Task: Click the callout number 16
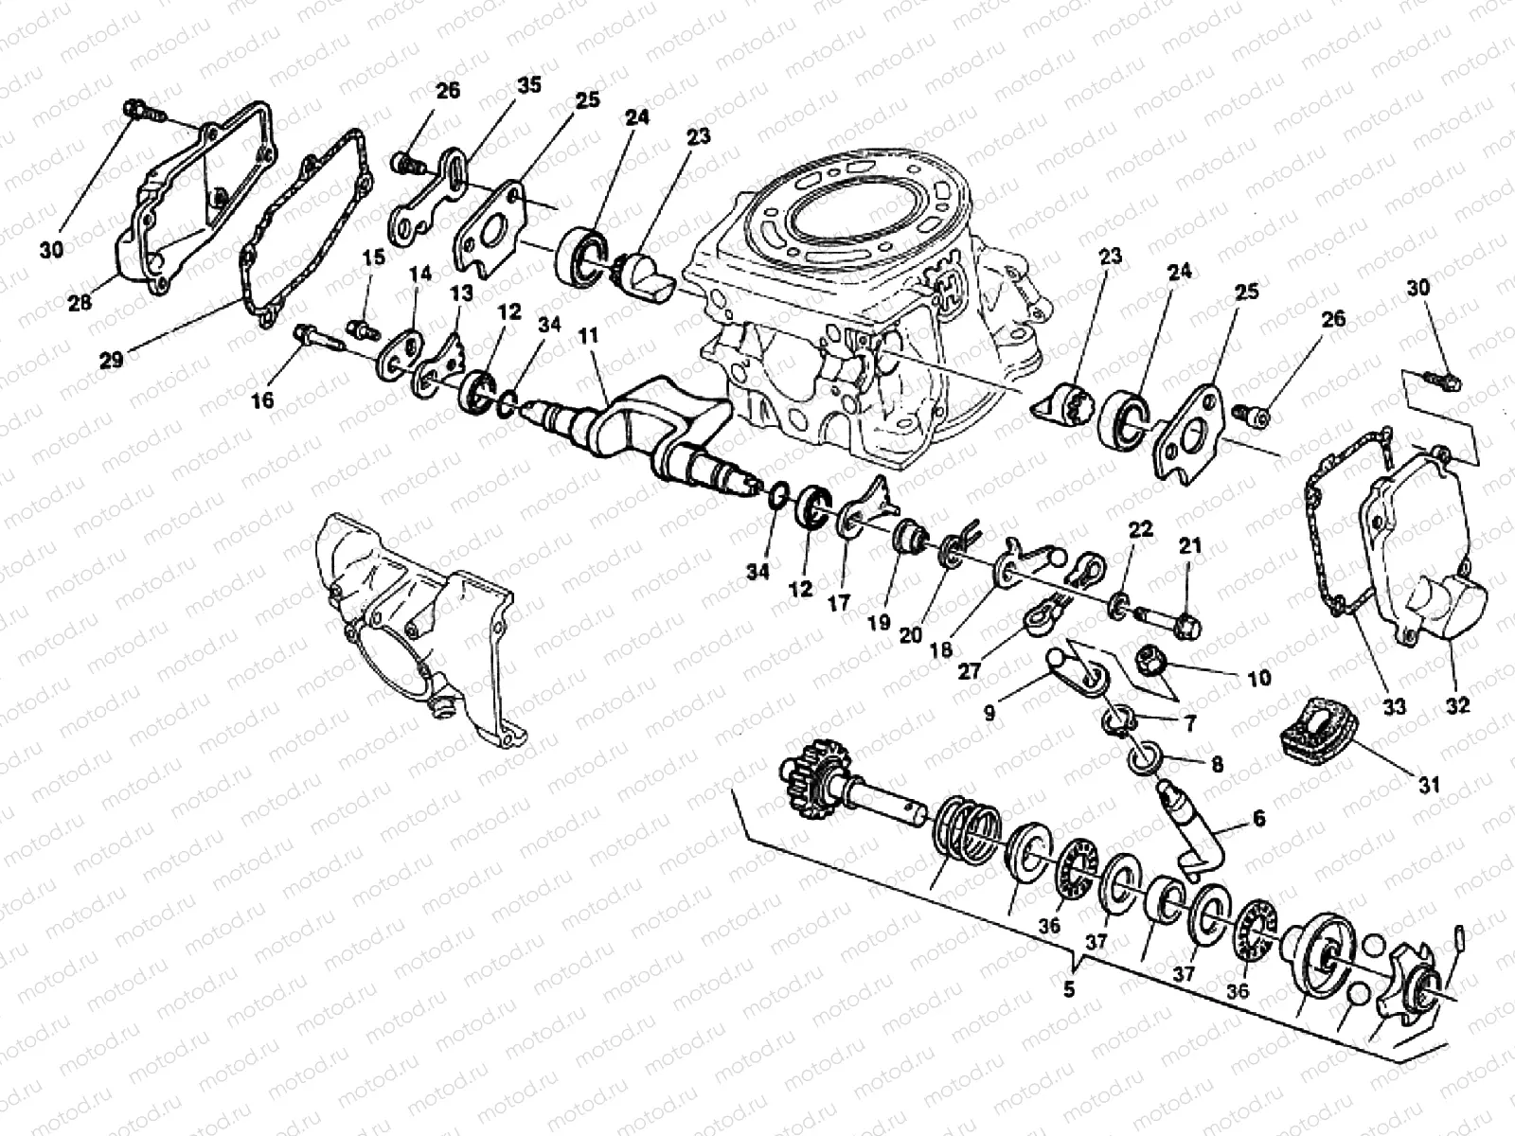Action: tap(262, 400)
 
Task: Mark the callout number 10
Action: tap(1258, 680)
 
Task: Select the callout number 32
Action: tap(1459, 705)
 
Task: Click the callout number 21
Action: tap(1190, 546)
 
